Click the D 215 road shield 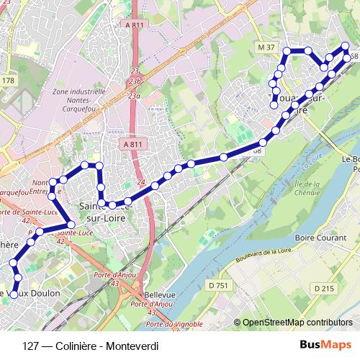pos(323,288)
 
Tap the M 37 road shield pos(266,48)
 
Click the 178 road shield pos(8,81)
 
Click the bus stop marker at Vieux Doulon pos(13,294)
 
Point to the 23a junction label pos(133,95)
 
